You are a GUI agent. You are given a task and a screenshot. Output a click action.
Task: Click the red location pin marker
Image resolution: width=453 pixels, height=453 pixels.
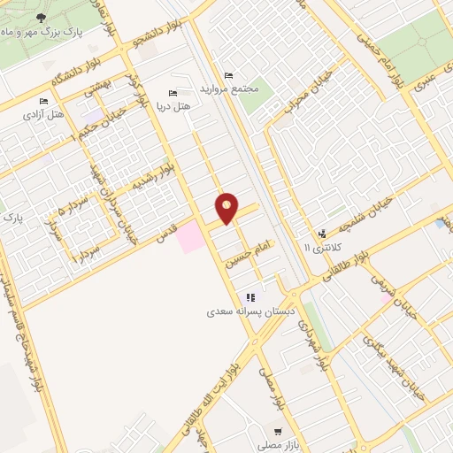pyautogui.click(x=227, y=207)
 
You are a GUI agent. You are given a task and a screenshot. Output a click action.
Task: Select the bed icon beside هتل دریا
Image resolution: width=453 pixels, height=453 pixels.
pyautogui.click(x=173, y=93)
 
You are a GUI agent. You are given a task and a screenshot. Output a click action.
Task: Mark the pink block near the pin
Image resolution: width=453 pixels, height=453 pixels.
pyautogui.click(x=189, y=235)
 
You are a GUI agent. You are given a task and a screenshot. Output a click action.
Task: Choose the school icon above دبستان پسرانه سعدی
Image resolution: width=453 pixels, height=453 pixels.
pyautogui.click(x=250, y=297)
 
